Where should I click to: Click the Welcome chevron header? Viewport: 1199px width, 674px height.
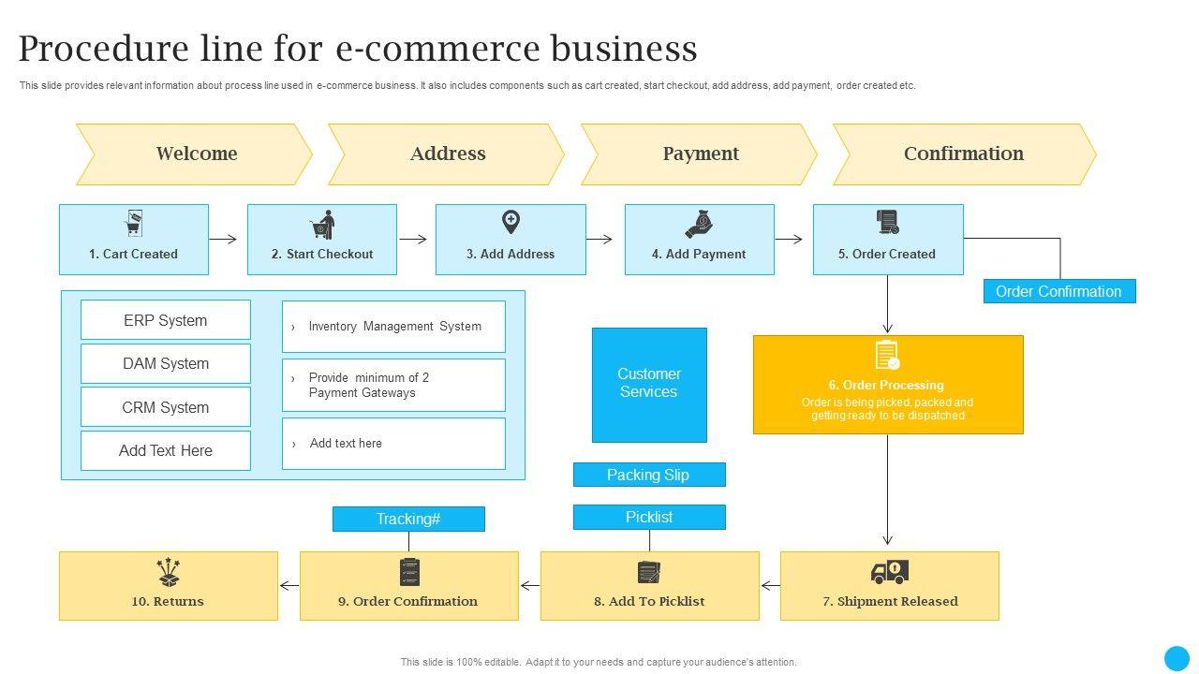[x=195, y=154]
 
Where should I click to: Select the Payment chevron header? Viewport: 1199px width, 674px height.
[x=700, y=154]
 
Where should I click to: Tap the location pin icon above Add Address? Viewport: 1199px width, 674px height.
[x=511, y=223]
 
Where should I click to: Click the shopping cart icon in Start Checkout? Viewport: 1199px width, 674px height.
[x=323, y=226]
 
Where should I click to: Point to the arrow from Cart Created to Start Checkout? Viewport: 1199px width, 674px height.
[x=223, y=240]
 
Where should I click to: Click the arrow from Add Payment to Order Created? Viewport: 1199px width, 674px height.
[x=789, y=240]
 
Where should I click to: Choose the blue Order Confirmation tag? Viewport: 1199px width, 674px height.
[x=1058, y=291]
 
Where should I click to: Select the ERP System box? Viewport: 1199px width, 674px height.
[x=166, y=320]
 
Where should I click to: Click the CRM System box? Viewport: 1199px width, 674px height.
[x=166, y=407]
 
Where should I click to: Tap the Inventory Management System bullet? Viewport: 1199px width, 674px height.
[x=393, y=327]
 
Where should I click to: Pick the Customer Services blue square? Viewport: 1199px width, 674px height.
[x=649, y=384]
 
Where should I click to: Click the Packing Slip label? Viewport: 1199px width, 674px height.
[x=648, y=475]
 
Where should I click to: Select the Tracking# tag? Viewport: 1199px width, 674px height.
[x=408, y=519]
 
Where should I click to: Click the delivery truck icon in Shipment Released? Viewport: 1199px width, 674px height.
[x=889, y=571]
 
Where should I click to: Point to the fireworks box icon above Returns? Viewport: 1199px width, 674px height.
[x=169, y=572]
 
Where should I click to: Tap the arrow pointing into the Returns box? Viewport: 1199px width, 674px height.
[x=289, y=586]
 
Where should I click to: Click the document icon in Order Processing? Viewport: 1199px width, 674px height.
[x=887, y=357]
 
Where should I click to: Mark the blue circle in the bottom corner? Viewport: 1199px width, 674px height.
[x=1177, y=658]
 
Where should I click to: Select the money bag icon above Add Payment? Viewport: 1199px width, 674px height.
[x=699, y=225]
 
